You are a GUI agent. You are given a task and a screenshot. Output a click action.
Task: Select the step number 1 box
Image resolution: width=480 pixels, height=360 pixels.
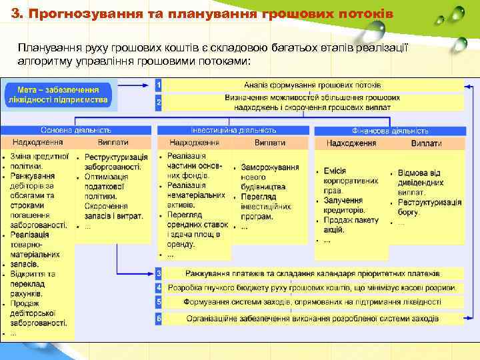[x=159, y=85]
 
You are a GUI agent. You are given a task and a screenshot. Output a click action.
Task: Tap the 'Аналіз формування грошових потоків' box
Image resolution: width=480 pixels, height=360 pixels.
[x=313, y=85]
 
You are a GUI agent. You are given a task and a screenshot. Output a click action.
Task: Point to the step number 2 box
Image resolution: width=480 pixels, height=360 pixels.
[x=159, y=103]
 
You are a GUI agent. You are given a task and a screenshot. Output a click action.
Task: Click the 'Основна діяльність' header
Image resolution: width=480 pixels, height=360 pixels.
[x=76, y=130]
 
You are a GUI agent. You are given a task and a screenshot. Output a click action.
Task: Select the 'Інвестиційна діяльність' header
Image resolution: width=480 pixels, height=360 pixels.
[x=233, y=130]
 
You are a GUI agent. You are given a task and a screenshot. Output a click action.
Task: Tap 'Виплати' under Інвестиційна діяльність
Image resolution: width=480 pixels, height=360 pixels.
[x=269, y=143]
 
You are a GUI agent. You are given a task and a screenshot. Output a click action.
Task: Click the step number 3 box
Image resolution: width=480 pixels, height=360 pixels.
[x=159, y=273]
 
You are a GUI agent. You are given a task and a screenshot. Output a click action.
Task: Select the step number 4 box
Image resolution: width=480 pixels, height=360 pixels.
[x=159, y=288]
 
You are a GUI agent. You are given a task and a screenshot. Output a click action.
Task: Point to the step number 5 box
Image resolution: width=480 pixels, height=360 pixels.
[x=159, y=303]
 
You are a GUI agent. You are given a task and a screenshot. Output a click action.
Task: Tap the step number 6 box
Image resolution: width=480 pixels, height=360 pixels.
[x=159, y=319]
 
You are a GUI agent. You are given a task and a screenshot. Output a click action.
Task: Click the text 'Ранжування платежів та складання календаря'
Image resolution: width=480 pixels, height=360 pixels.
[x=313, y=273]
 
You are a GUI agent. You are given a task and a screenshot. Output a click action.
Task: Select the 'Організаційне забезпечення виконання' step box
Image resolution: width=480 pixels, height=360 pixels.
[x=313, y=319]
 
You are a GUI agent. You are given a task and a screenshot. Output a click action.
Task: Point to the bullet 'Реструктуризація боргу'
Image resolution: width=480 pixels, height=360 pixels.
[x=429, y=207]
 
